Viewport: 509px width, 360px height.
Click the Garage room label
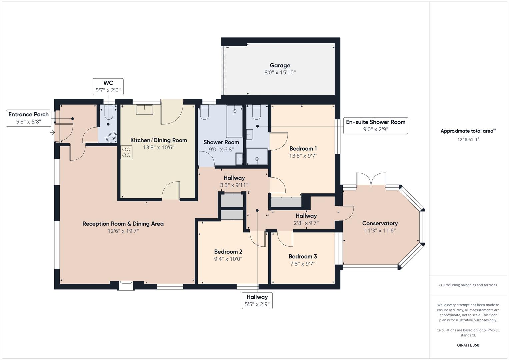(280, 66)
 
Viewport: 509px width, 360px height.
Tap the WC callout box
(108, 87)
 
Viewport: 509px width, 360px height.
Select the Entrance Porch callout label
(29, 118)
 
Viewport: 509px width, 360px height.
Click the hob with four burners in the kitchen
(126, 152)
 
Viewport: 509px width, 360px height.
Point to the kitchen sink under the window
(144, 109)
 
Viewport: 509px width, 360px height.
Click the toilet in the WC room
(109, 113)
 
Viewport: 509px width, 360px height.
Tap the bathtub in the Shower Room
(234, 121)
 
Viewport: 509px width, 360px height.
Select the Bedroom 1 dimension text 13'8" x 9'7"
(303, 156)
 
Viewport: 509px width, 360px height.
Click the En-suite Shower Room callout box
(375, 126)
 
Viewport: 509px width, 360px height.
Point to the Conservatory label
(380, 223)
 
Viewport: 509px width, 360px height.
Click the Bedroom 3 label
(303, 256)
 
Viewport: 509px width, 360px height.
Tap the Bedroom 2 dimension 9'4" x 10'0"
(228, 259)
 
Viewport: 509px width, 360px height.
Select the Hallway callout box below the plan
(257, 300)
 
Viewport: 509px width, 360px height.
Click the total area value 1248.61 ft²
(468, 139)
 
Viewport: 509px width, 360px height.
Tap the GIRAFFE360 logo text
(468, 345)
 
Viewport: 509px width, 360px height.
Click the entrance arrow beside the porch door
(52, 133)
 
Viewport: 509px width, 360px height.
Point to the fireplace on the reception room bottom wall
(126, 285)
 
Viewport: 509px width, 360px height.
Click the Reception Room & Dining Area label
(123, 224)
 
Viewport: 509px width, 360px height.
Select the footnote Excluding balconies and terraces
(468, 285)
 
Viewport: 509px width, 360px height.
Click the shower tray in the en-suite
(257, 156)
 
